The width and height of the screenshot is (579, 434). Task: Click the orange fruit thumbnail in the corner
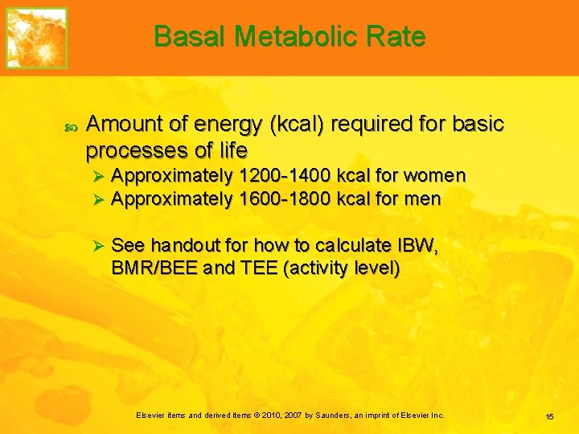(36, 38)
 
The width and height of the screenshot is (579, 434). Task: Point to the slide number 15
(549, 416)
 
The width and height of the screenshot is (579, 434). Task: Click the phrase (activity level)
(341, 268)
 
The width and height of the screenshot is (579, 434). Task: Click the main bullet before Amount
(68, 126)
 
